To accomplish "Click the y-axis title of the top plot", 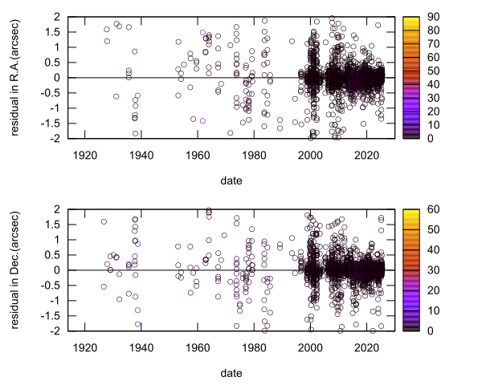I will (17, 77).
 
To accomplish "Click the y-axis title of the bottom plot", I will (17, 269).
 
